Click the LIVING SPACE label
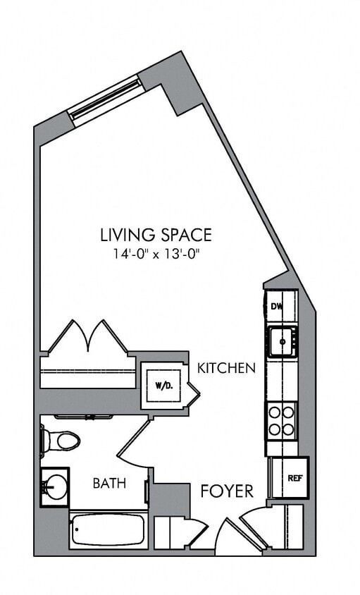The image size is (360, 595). [x=156, y=234]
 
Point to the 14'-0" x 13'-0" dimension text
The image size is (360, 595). [x=156, y=254]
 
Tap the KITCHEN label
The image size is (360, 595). [x=225, y=368]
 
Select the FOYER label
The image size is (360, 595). [x=227, y=491]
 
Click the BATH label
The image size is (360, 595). [x=109, y=484]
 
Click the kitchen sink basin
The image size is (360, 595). [x=282, y=341]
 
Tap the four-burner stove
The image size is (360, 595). [x=282, y=419]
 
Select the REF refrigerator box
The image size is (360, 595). [x=286, y=477]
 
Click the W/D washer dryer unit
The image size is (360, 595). [x=162, y=386]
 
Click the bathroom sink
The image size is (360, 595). [x=54, y=486]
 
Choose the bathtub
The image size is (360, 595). [x=108, y=530]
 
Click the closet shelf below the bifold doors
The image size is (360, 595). [x=87, y=372]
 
